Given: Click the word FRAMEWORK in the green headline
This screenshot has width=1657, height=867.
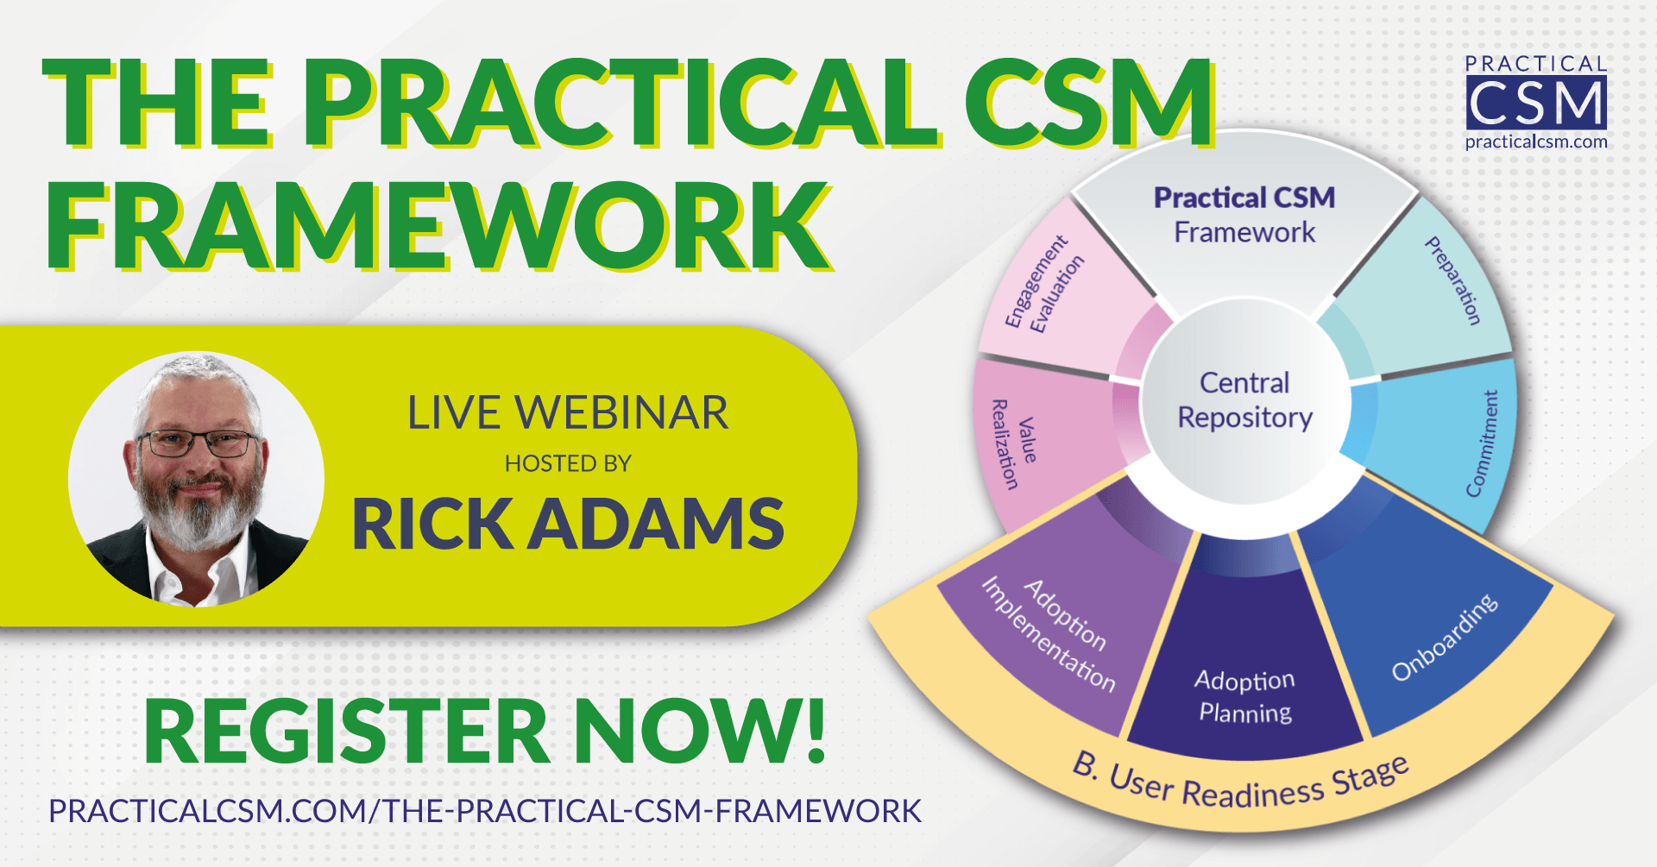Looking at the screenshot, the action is tap(438, 226).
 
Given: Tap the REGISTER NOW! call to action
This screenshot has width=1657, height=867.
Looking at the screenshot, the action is tap(485, 732).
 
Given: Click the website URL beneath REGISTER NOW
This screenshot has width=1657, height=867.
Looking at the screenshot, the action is tap(485, 811).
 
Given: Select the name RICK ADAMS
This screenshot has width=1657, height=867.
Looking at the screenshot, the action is tap(568, 524).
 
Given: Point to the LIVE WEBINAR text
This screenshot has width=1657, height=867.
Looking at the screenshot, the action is tap(568, 412).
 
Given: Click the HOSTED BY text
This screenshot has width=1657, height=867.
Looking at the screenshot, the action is tap(568, 464).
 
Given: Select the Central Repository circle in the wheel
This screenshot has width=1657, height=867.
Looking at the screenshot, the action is tap(1245, 400).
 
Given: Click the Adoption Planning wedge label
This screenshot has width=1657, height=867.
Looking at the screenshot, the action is tap(1245, 696).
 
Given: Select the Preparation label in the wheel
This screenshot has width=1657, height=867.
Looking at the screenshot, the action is tap(1452, 281).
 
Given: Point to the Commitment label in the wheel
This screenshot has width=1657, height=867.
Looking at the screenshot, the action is tap(1483, 443).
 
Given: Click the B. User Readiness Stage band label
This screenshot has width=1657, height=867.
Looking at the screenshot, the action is tap(1241, 781).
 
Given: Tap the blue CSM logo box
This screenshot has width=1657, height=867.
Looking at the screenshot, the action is tap(1536, 103).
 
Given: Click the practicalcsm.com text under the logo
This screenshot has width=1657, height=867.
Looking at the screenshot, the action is tap(1536, 141).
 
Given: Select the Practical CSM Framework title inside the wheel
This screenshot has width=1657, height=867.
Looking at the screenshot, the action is tap(1244, 215).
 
